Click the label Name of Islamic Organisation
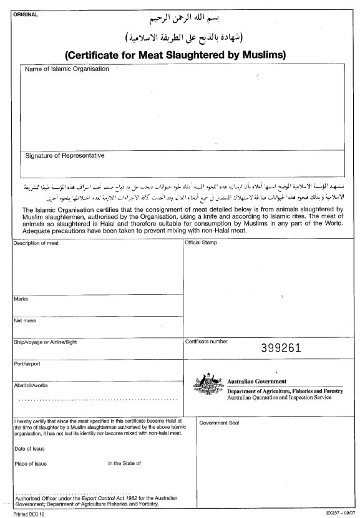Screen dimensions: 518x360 (66, 69)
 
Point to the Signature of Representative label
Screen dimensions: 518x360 (64, 155)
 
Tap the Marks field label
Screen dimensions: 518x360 (21, 299)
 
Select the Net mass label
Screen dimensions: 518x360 (24, 321)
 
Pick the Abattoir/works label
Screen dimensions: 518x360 (31, 385)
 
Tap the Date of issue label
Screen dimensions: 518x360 (29, 448)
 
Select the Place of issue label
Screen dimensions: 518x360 (30, 463)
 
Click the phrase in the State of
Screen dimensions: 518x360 (124, 463)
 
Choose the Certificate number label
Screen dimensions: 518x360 (206, 342)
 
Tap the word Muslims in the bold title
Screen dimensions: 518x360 (260, 54)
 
